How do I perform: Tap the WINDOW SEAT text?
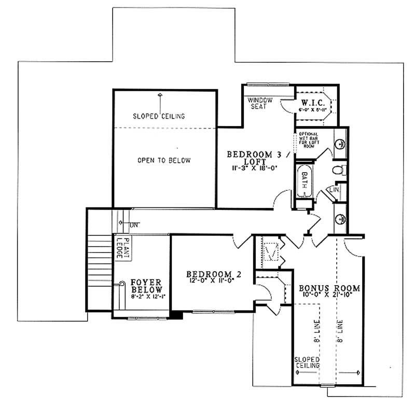click(257, 103)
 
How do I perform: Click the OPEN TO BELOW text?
click(164, 160)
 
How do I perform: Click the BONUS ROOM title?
click(329, 288)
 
